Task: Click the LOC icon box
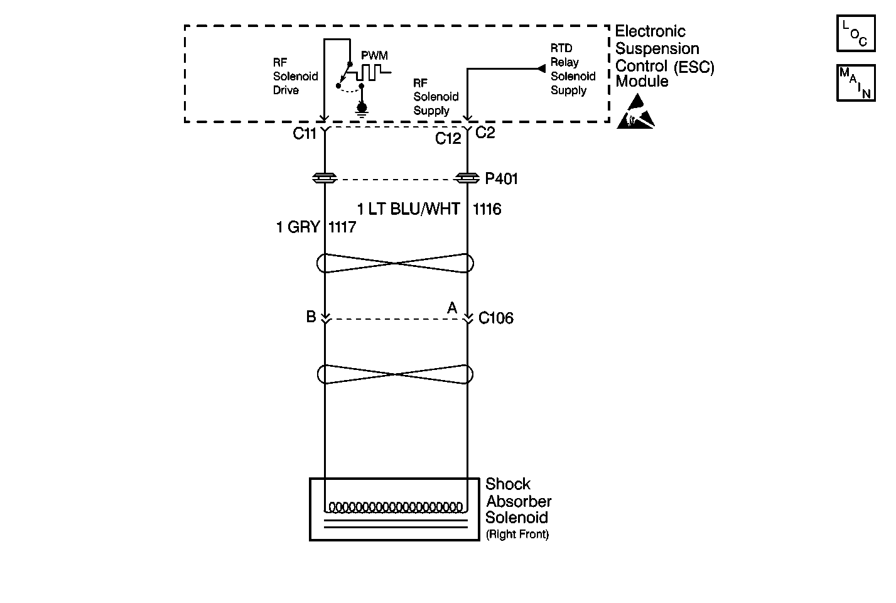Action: [855, 34]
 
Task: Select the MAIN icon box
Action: [855, 83]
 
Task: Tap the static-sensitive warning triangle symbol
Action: [635, 112]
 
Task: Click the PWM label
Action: [374, 56]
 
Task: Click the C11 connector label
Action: [305, 134]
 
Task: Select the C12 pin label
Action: [448, 139]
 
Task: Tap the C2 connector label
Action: [485, 133]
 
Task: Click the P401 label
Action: [501, 179]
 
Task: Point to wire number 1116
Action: [487, 209]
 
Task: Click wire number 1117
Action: [342, 227]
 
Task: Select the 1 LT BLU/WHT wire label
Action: [408, 209]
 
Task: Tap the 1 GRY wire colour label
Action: [298, 227]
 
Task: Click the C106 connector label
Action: [495, 318]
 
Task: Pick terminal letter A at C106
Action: [451, 308]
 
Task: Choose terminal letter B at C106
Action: [311, 317]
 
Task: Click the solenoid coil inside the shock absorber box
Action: [396, 507]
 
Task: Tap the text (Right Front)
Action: [517, 535]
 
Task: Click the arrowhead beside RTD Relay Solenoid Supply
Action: [541, 68]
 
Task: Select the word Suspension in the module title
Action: [657, 48]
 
